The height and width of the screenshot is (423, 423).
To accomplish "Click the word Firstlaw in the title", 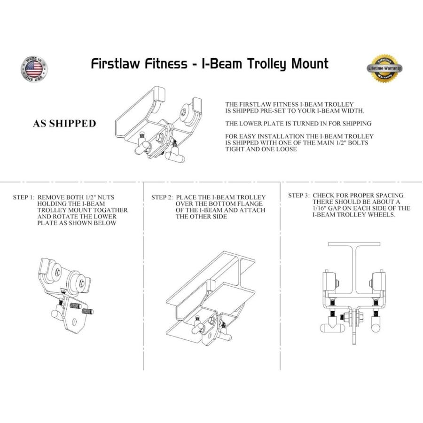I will [118, 63].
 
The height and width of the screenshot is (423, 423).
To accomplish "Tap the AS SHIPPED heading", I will [64, 124].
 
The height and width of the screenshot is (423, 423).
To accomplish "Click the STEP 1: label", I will [23, 197].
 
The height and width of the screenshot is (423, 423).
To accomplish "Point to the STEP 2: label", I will [162, 197].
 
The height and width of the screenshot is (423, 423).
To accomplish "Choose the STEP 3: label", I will [299, 195].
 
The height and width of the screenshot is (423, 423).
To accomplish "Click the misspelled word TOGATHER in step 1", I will [112, 211].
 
